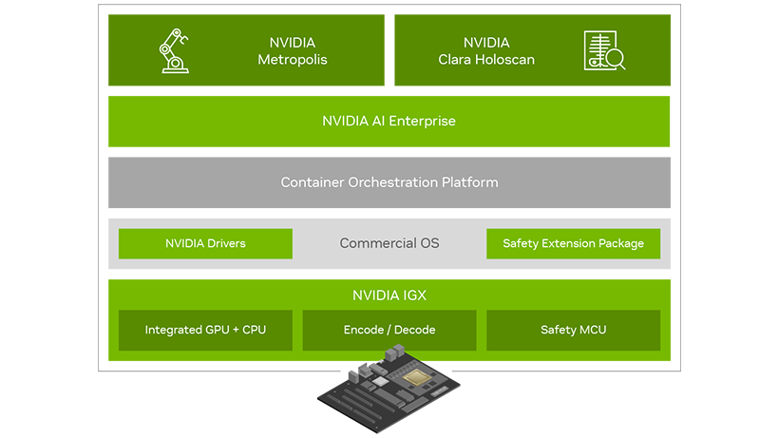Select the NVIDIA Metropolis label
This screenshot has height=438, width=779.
pyautogui.click(x=293, y=51)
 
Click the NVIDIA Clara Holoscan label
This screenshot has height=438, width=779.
pyautogui.click(x=486, y=51)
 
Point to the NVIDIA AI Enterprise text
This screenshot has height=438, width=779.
pyautogui.click(x=389, y=121)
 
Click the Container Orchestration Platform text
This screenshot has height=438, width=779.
pyautogui.click(x=389, y=182)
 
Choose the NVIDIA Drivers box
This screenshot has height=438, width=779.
pyautogui.click(x=205, y=243)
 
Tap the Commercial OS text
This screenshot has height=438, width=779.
pyautogui.click(x=389, y=243)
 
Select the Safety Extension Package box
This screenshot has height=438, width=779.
pyautogui.click(x=573, y=243)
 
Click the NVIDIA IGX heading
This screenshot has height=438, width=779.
pyautogui.click(x=389, y=295)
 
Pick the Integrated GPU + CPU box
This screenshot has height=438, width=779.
pyautogui.click(x=205, y=330)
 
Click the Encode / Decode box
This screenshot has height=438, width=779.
pyautogui.click(x=389, y=330)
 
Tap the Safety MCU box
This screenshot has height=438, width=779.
pyautogui.click(x=573, y=330)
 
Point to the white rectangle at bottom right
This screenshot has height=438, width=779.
pyautogui.click(x=634, y=410)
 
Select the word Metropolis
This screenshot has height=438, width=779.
pyautogui.click(x=293, y=60)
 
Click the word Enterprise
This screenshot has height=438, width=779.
pyautogui.click(x=422, y=121)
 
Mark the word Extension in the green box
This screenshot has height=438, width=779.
pyautogui.click(x=570, y=243)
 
